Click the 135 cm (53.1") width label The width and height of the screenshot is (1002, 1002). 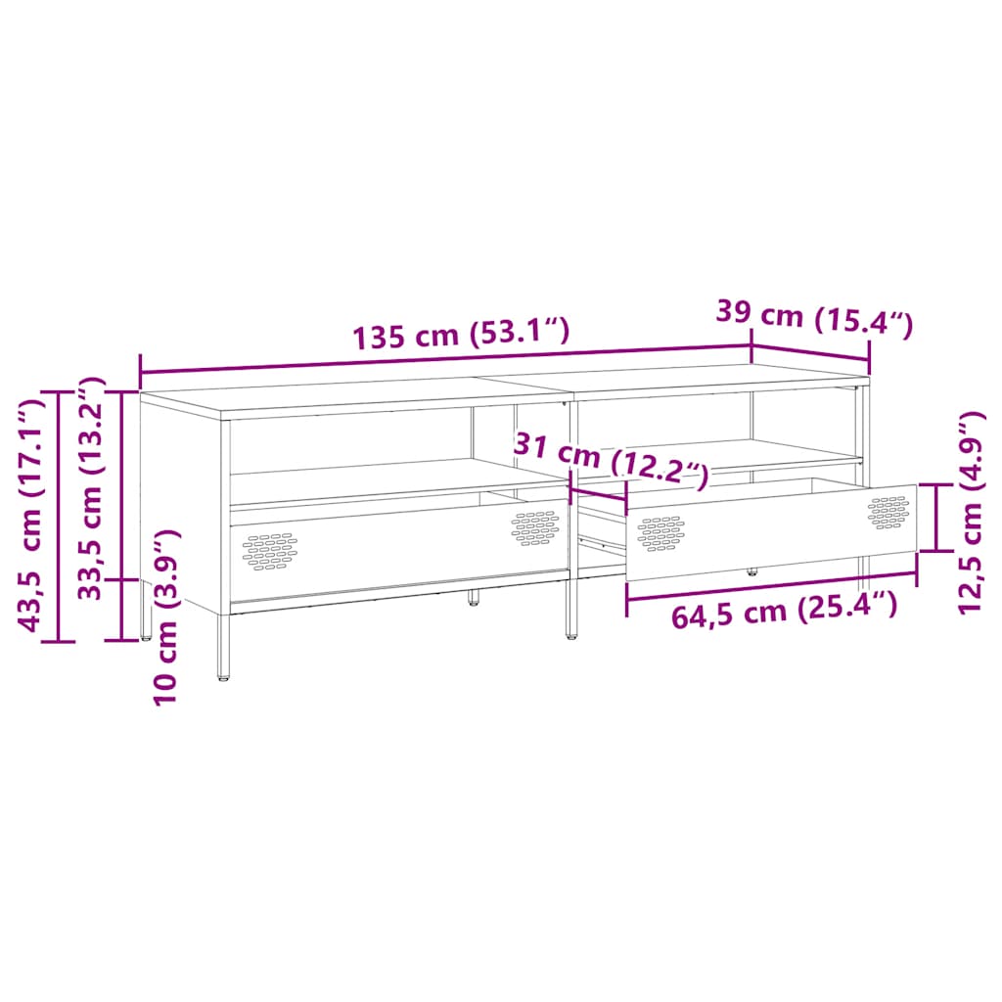point(460,335)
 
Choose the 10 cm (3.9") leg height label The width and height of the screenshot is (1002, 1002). point(167,616)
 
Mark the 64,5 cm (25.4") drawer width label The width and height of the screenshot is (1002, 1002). point(784,613)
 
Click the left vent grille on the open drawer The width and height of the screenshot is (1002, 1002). point(660,532)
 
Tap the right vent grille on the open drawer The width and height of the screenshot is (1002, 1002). point(888,512)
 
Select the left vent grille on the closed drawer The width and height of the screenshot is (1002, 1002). point(271,550)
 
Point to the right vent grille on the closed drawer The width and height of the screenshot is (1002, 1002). point(534,527)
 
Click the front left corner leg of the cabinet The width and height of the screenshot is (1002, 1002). point(224,647)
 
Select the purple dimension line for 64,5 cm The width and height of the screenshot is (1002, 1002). point(771,586)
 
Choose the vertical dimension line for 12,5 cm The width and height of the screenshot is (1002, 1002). point(936,517)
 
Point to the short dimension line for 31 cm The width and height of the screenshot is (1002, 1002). point(598,494)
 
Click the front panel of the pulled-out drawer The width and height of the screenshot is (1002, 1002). point(773,533)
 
